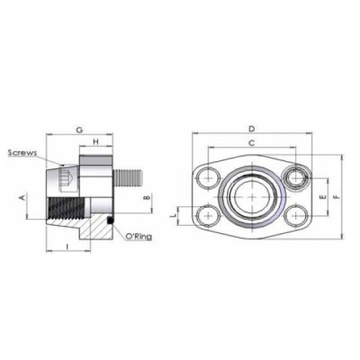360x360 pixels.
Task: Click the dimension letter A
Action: pyautogui.click(x=24, y=197)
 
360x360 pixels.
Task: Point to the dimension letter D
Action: pyautogui.click(x=252, y=128)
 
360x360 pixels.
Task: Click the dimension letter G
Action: pyautogui.click(x=79, y=129)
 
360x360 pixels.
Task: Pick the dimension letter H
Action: pyautogui.click(x=95, y=144)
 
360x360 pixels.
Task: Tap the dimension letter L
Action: pyautogui.click(x=174, y=215)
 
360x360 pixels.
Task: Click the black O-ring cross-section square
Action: pyautogui.click(x=110, y=220)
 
